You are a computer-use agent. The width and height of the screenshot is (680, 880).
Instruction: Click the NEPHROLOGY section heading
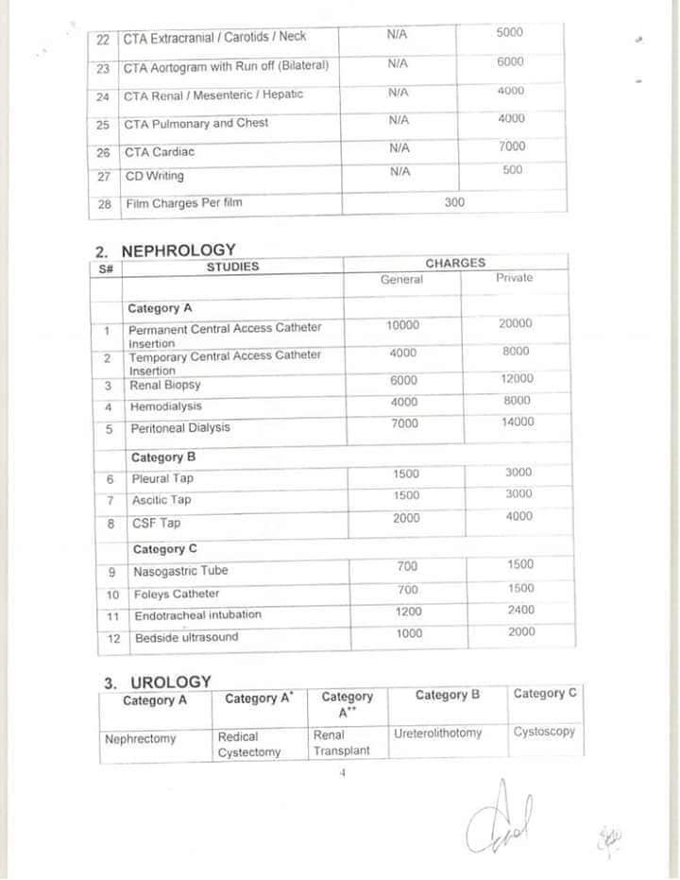click(x=178, y=250)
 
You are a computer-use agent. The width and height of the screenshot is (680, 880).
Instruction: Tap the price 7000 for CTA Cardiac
click(x=512, y=147)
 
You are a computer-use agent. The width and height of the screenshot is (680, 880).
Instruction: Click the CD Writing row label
click(x=154, y=176)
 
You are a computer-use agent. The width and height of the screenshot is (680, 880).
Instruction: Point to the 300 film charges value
click(x=454, y=201)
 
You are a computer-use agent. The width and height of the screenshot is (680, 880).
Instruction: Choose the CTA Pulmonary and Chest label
click(x=195, y=124)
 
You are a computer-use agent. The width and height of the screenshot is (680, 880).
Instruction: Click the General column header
click(x=401, y=280)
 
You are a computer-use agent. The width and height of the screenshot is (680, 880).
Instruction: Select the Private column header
click(x=514, y=278)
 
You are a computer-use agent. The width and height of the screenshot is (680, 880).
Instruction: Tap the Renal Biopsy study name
click(x=165, y=386)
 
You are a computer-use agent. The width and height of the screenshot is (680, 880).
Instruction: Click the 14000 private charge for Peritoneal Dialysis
click(x=517, y=423)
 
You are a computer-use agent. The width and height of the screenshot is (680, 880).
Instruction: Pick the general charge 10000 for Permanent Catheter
click(x=402, y=325)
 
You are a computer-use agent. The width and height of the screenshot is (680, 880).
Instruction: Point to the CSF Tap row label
click(x=156, y=523)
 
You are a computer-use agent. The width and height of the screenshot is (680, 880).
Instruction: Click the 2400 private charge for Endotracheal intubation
click(x=520, y=611)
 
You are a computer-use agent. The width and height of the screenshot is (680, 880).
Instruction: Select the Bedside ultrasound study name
click(x=186, y=637)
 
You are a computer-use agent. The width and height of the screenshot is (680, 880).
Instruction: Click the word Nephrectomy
click(x=140, y=739)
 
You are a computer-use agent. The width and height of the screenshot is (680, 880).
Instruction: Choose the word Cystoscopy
click(x=544, y=732)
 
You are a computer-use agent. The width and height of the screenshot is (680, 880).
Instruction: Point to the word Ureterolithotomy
click(x=437, y=733)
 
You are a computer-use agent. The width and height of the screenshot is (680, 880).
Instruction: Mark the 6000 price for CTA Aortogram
click(x=510, y=61)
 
